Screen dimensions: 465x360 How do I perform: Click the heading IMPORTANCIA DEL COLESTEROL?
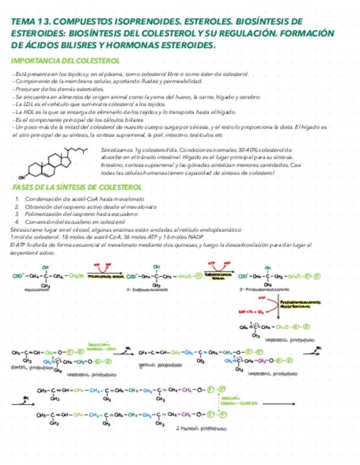(66, 60)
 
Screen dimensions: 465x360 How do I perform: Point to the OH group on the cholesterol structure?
(21, 177)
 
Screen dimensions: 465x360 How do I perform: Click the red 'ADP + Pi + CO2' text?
(252, 310)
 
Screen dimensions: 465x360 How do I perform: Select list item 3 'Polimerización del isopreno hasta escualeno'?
(82, 214)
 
